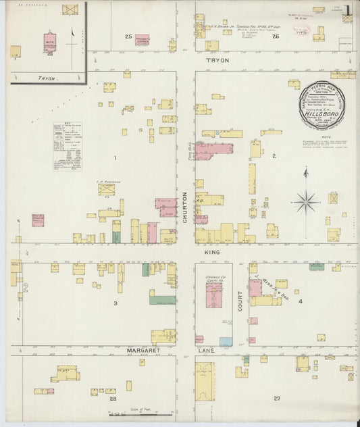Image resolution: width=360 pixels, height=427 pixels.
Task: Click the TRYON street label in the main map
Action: (217, 61)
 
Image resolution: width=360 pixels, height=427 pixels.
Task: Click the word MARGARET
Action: (145, 351)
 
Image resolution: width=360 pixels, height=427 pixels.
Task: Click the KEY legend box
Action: (68, 146)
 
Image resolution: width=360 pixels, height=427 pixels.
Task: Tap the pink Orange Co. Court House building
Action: (215, 297)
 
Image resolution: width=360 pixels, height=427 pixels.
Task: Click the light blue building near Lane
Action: (226, 342)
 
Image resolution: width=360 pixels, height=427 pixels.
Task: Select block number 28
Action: (113, 399)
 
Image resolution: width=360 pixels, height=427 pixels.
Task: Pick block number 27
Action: (276, 399)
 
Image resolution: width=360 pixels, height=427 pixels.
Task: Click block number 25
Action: (128, 36)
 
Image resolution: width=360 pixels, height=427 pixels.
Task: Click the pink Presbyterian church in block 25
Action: (143, 40)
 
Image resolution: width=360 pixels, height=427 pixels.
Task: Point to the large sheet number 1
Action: (346, 10)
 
